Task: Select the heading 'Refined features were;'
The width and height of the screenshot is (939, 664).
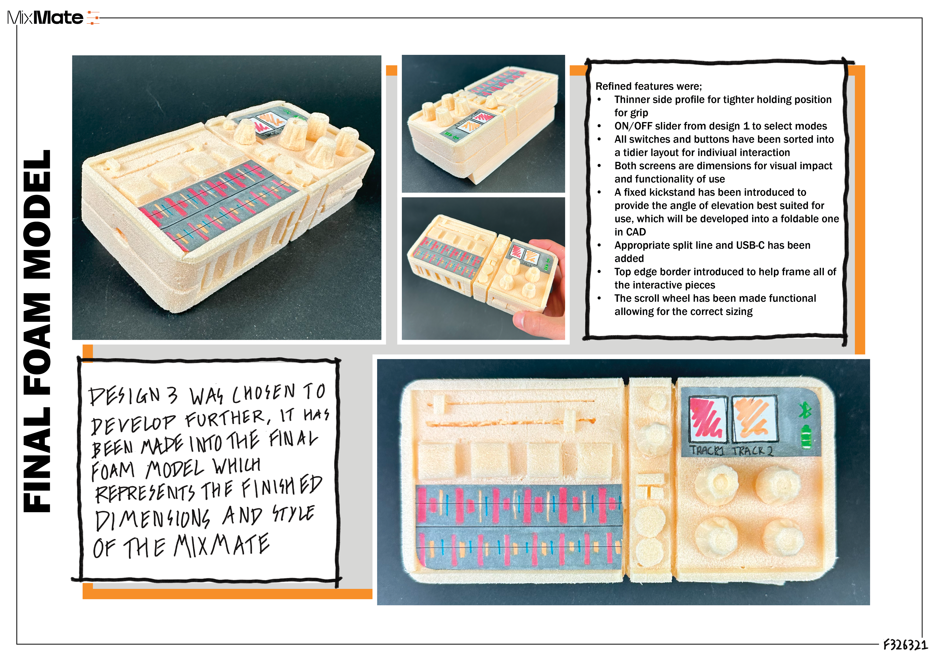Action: tap(649, 86)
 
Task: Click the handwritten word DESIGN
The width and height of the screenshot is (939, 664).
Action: tap(125, 396)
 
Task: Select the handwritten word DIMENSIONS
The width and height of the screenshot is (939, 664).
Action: tap(153, 519)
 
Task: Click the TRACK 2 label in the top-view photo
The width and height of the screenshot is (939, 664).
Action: tap(752, 451)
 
